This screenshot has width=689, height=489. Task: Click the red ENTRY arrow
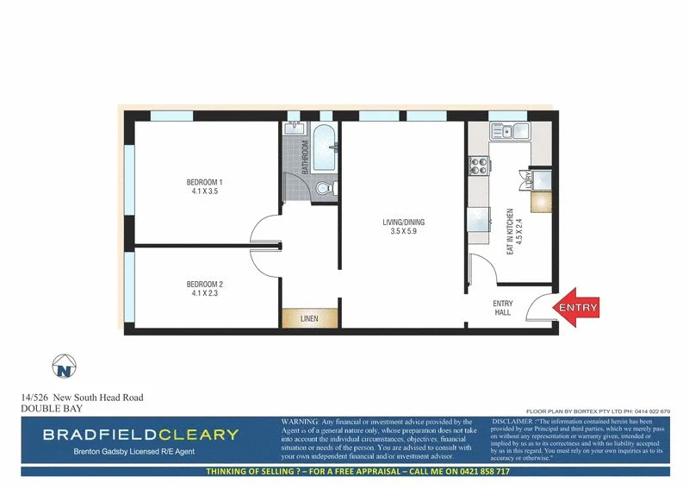point(576,308)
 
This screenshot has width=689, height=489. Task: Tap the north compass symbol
point(63,367)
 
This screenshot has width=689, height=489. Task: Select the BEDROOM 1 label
point(205,182)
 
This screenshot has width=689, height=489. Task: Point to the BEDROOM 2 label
point(205,285)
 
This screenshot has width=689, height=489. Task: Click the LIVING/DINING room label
point(403,223)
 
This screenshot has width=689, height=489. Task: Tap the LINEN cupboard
point(309,318)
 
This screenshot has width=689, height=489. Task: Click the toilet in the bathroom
point(322,187)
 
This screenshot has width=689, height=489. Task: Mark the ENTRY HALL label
point(502,308)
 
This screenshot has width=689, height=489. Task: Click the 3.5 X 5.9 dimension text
point(403,232)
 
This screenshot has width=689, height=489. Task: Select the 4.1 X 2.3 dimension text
point(205,294)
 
